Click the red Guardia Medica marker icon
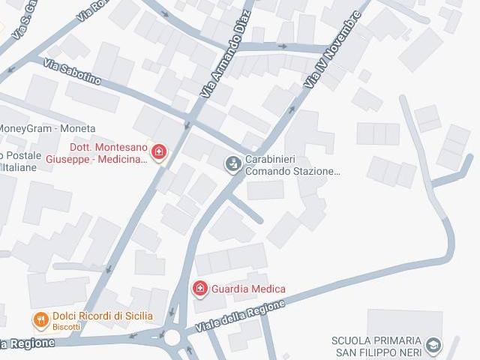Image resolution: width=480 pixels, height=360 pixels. click(199, 289)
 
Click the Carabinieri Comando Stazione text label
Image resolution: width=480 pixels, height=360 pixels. click(292, 165)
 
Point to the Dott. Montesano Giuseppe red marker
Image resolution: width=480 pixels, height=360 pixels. click(158, 153)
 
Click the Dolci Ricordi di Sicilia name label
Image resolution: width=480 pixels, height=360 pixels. click(103, 316)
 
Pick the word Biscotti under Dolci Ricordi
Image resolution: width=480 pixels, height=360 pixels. click(67, 327)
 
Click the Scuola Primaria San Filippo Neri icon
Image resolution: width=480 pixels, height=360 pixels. click(433, 346)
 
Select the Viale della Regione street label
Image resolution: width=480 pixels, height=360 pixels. click(240, 317)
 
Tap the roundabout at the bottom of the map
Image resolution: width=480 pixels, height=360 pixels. click(174, 336)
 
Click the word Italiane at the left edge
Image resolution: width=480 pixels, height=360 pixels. click(18, 167)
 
